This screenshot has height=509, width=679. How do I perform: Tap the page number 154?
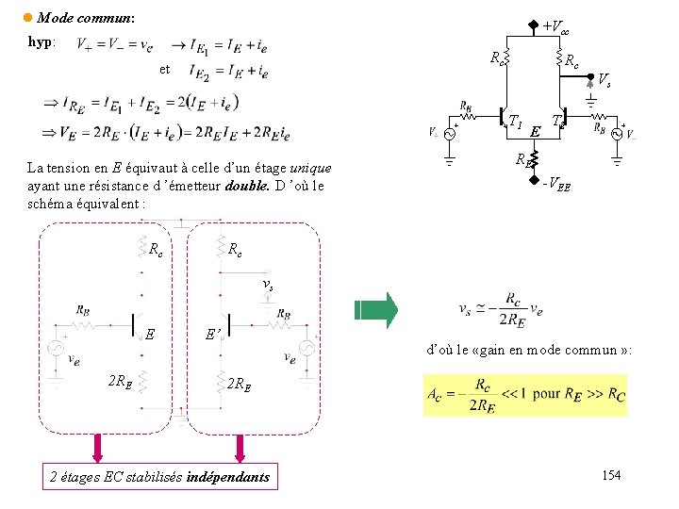[x=611, y=475]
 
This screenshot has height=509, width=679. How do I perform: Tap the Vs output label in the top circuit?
[x=604, y=81]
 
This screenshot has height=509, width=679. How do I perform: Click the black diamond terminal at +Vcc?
[x=533, y=25]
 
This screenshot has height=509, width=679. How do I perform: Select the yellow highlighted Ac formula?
[x=524, y=392]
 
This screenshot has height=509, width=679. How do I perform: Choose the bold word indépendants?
[x=228, y=477]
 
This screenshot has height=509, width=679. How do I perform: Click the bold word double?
[x=247, y=185]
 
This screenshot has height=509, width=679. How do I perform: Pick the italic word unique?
[x=310, y=168]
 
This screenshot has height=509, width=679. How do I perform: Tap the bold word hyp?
[x=41, y=42]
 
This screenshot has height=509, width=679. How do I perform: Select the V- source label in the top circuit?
[x=630, y=133]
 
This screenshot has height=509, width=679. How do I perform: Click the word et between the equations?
[x=164, y=69]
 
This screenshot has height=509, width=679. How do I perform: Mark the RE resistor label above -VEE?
[x=522, y=158]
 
